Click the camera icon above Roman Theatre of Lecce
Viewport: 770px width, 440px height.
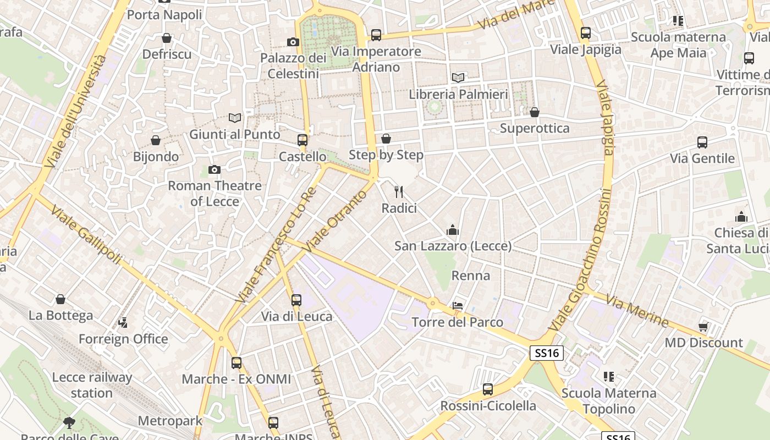215,170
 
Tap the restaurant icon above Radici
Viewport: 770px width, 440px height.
399,192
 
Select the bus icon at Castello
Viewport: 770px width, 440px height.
302,140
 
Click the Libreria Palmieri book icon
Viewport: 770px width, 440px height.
458,78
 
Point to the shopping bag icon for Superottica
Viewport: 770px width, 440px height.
535,113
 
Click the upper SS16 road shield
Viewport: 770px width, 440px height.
547,353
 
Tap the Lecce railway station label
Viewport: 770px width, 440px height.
92,385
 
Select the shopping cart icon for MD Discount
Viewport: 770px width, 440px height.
703,327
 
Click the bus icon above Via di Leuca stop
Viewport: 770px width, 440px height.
296,300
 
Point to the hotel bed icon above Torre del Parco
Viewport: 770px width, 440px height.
458,306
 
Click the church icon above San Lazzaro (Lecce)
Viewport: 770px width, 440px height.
453,230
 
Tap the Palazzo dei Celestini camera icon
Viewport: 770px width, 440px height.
293,42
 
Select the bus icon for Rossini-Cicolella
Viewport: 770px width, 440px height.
488,390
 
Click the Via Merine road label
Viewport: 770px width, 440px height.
637,311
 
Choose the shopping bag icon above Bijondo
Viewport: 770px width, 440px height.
156,141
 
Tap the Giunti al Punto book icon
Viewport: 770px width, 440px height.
235,118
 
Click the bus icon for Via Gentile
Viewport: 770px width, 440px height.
702,142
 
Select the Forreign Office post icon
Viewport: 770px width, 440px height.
123,323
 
